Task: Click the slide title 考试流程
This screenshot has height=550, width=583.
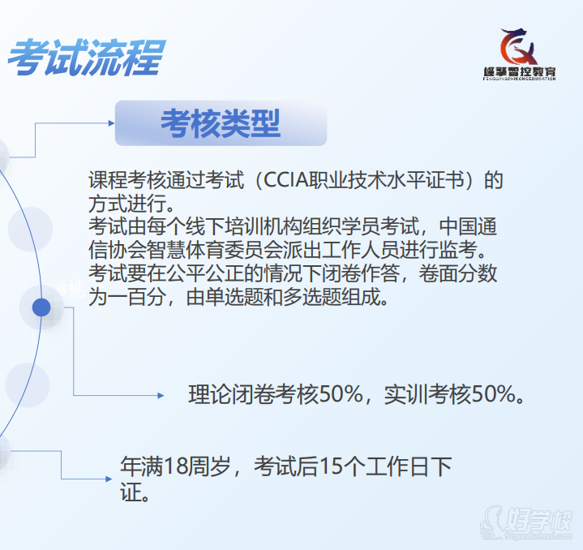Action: click(x=86, y=58)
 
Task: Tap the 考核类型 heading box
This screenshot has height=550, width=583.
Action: click(x=221, y=123)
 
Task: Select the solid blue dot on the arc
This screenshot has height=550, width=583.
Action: click(x=41, y=307)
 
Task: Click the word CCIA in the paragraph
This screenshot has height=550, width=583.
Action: click(x=286, y=180)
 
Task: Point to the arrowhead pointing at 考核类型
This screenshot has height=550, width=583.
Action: click(x=111, y=123)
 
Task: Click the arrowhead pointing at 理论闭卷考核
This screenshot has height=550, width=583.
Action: click(x=161, y=395)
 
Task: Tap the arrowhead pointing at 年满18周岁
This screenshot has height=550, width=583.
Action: click(x=109, y=479)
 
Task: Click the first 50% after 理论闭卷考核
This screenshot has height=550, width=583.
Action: click(x=341, y=394)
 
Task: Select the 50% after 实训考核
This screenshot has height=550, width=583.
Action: click(x=493, y=394)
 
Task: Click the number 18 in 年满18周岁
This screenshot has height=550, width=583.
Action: click(x=174, y=466)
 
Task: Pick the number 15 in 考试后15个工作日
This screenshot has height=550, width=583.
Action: click(x=330, y=466)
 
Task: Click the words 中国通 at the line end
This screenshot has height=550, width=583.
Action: click(x=468, y=226)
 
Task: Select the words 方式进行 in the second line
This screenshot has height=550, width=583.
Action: click(x=127, y=204)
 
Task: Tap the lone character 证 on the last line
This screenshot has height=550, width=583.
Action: click(x=131, y=492)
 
